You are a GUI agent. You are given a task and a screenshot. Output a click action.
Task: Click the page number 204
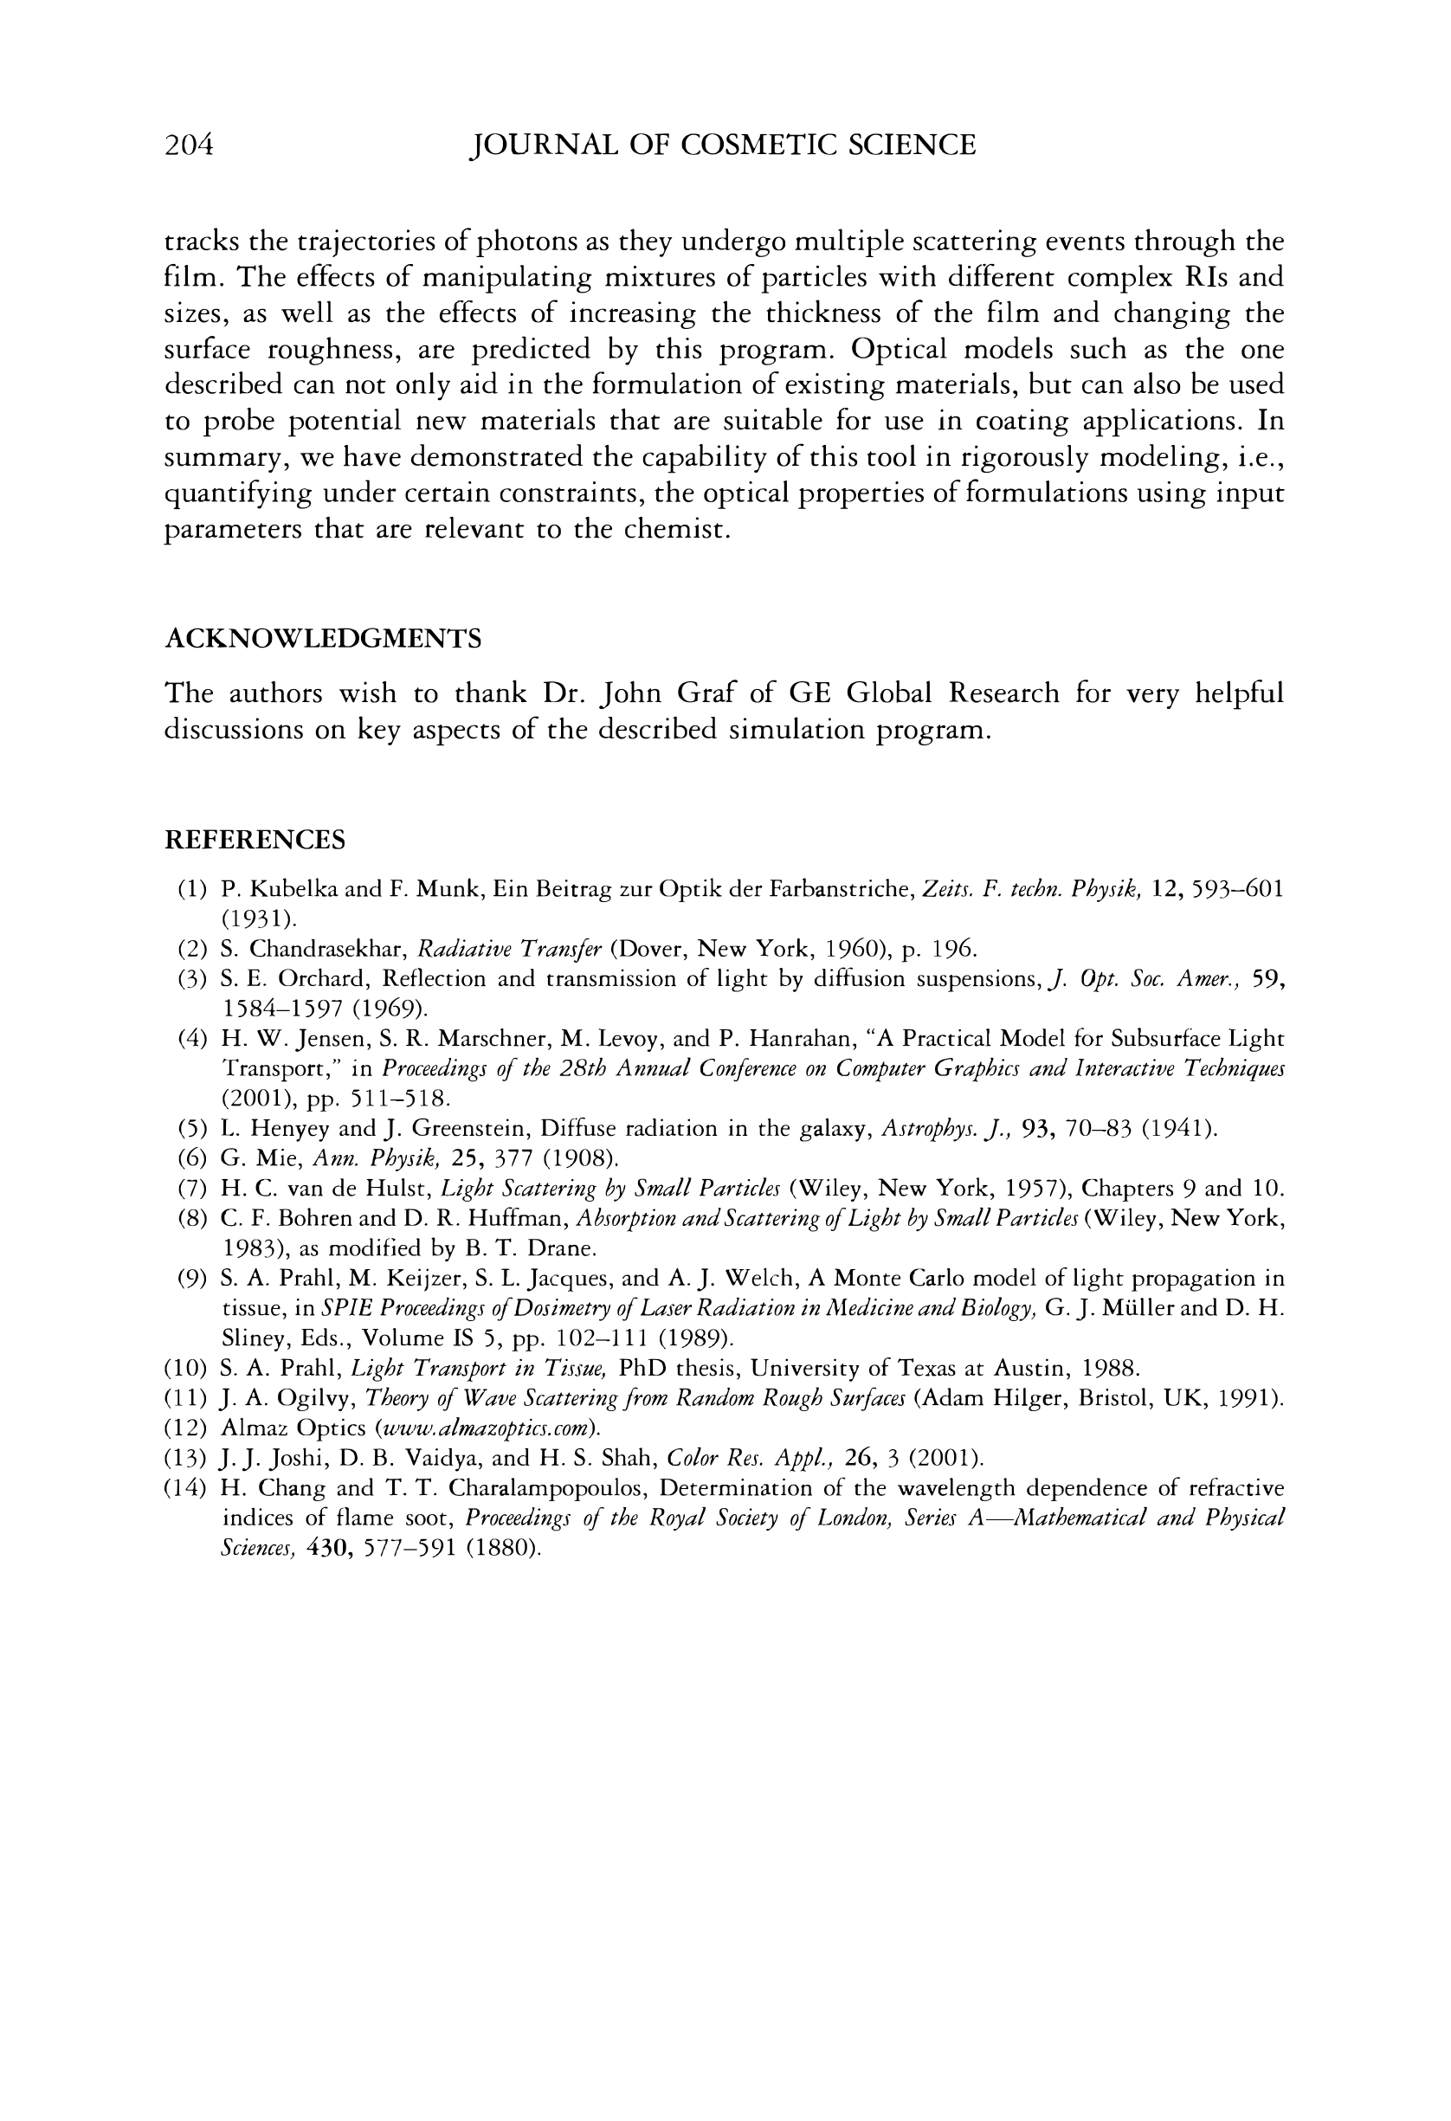click(x=189, y=145)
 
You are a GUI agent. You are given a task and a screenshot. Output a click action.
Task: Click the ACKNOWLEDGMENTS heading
click(x=322, y=638)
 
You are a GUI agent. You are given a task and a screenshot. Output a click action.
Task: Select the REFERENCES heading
click(x=255, y=840)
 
